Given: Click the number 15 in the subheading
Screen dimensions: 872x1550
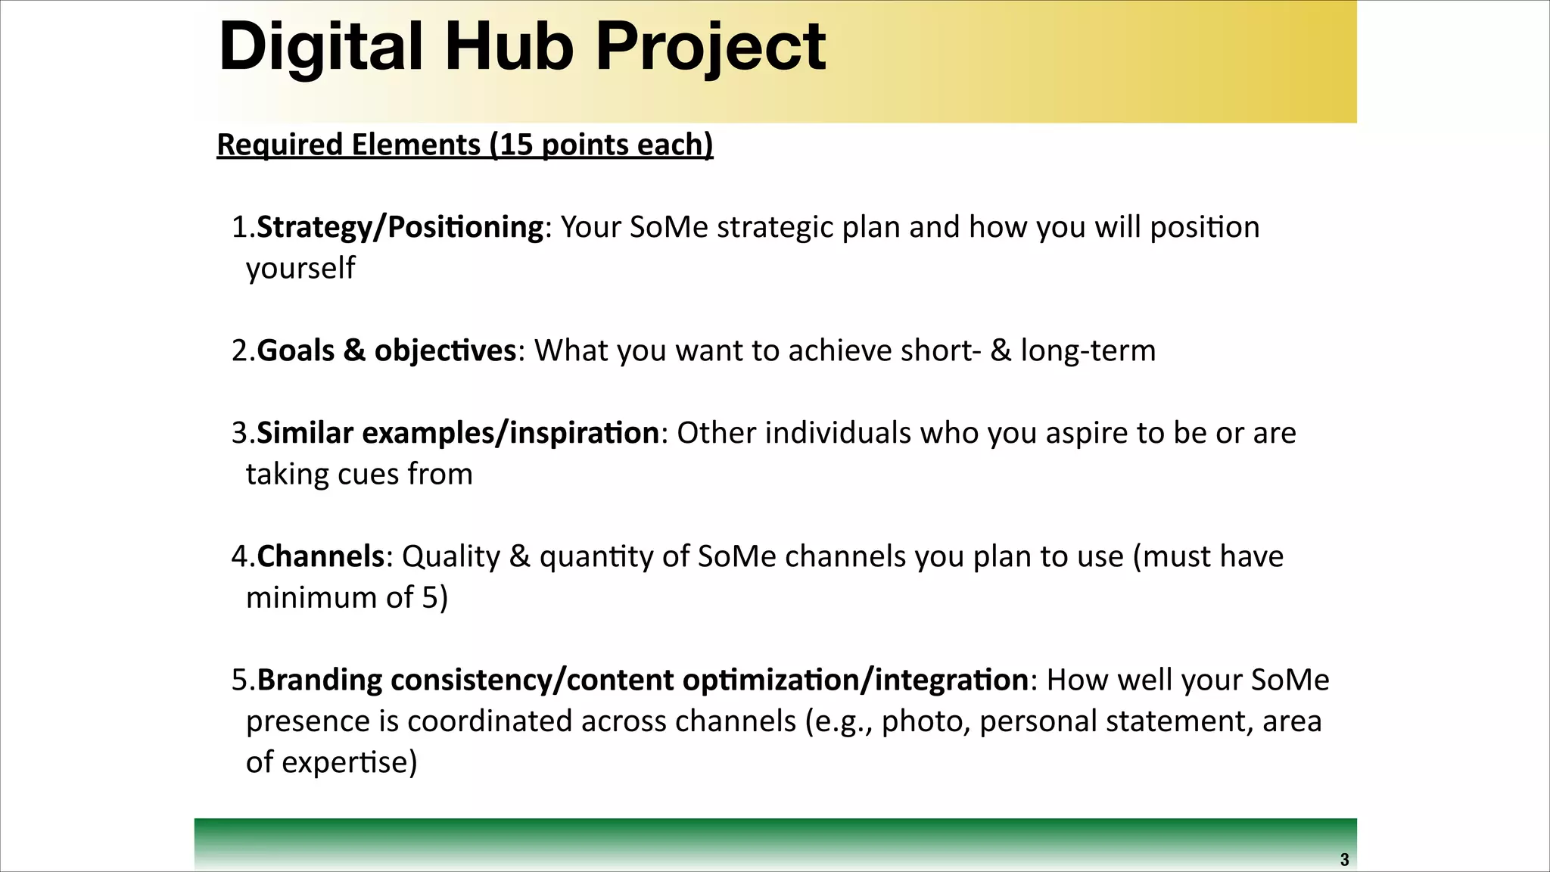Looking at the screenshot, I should [516, 145].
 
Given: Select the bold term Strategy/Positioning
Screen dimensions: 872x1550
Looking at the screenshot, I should [400, 227].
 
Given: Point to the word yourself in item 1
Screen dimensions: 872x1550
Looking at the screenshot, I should [300, 269].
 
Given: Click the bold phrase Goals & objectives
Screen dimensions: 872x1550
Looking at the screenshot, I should [386, 350].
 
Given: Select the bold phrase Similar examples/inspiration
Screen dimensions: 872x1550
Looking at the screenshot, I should [458, 433].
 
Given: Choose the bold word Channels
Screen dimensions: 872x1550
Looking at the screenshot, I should [321, 556].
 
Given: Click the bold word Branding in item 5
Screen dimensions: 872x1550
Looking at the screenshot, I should [319, 680].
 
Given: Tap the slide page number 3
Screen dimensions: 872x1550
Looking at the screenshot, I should [1344, 860].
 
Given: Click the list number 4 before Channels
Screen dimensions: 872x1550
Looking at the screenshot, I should [240, 556].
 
